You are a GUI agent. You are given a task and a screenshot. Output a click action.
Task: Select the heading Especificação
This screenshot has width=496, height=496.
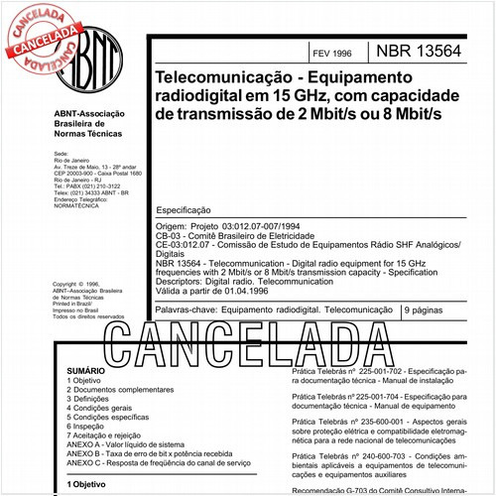click(x=185, y=211)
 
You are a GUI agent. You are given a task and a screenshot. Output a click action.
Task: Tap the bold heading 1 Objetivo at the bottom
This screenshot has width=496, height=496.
click(x=87, y=484)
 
